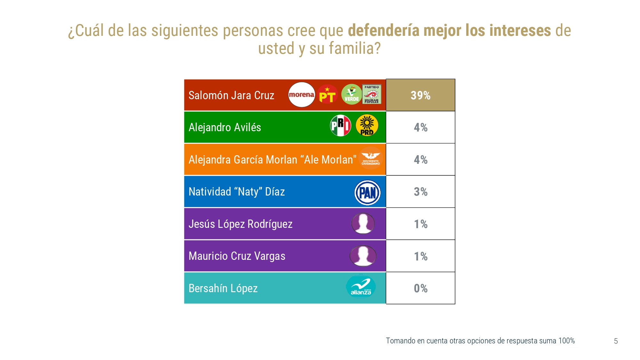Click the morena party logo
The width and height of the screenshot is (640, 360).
tap(301, 95)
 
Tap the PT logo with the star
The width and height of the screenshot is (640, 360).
tap(327, 95)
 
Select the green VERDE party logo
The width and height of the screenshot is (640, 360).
tap(351, 95)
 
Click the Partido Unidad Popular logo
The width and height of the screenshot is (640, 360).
tap(372, 94)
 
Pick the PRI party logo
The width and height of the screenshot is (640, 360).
tap(340, 125)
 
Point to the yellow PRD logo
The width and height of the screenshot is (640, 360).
tap(367, 125)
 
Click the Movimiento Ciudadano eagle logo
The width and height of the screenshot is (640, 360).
tap(371, 158)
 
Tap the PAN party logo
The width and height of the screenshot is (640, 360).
tap(368, 193)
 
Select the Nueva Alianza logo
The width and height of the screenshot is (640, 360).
tap(361, 287)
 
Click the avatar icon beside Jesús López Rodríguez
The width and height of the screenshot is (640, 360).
tap(363, 223)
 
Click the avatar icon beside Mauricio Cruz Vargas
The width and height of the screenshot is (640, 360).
tap(363, 256)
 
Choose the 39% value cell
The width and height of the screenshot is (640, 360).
tap(420, 95)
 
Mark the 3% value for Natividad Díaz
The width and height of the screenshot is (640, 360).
tap(420, 192)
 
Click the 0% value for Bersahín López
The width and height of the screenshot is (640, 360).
tap(420, 288)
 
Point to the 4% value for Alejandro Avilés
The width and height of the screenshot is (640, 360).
tap(420, 127)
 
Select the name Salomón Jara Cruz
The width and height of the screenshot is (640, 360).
tap(231, 95)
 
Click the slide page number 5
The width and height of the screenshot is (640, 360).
tap(616, 341)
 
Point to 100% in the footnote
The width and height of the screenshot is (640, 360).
tap(566, 341)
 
